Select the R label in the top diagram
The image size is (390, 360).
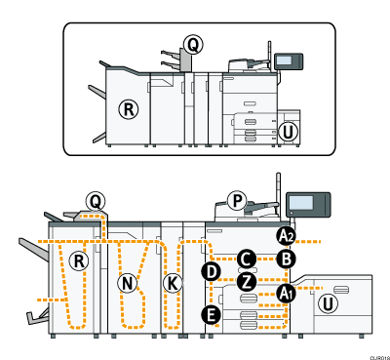click(x=127, y=108)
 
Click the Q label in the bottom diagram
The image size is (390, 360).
click(x=95, y=200)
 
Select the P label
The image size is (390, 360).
click(x=235, y=200)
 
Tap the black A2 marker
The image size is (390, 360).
click(x=285, y=235)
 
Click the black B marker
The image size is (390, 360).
click(x=285, y=259)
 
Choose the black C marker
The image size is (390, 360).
click(x=247, y=259)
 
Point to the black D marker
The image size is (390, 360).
click(x=210, y=270)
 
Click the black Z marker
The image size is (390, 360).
click(x=247, y=281)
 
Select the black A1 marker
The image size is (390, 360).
click(x=286, y=292)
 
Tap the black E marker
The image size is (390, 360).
click(x=210, y=313)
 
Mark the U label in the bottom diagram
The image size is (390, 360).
click(x=330, y=304)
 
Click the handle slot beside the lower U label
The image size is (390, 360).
click(x=341, y=291)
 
